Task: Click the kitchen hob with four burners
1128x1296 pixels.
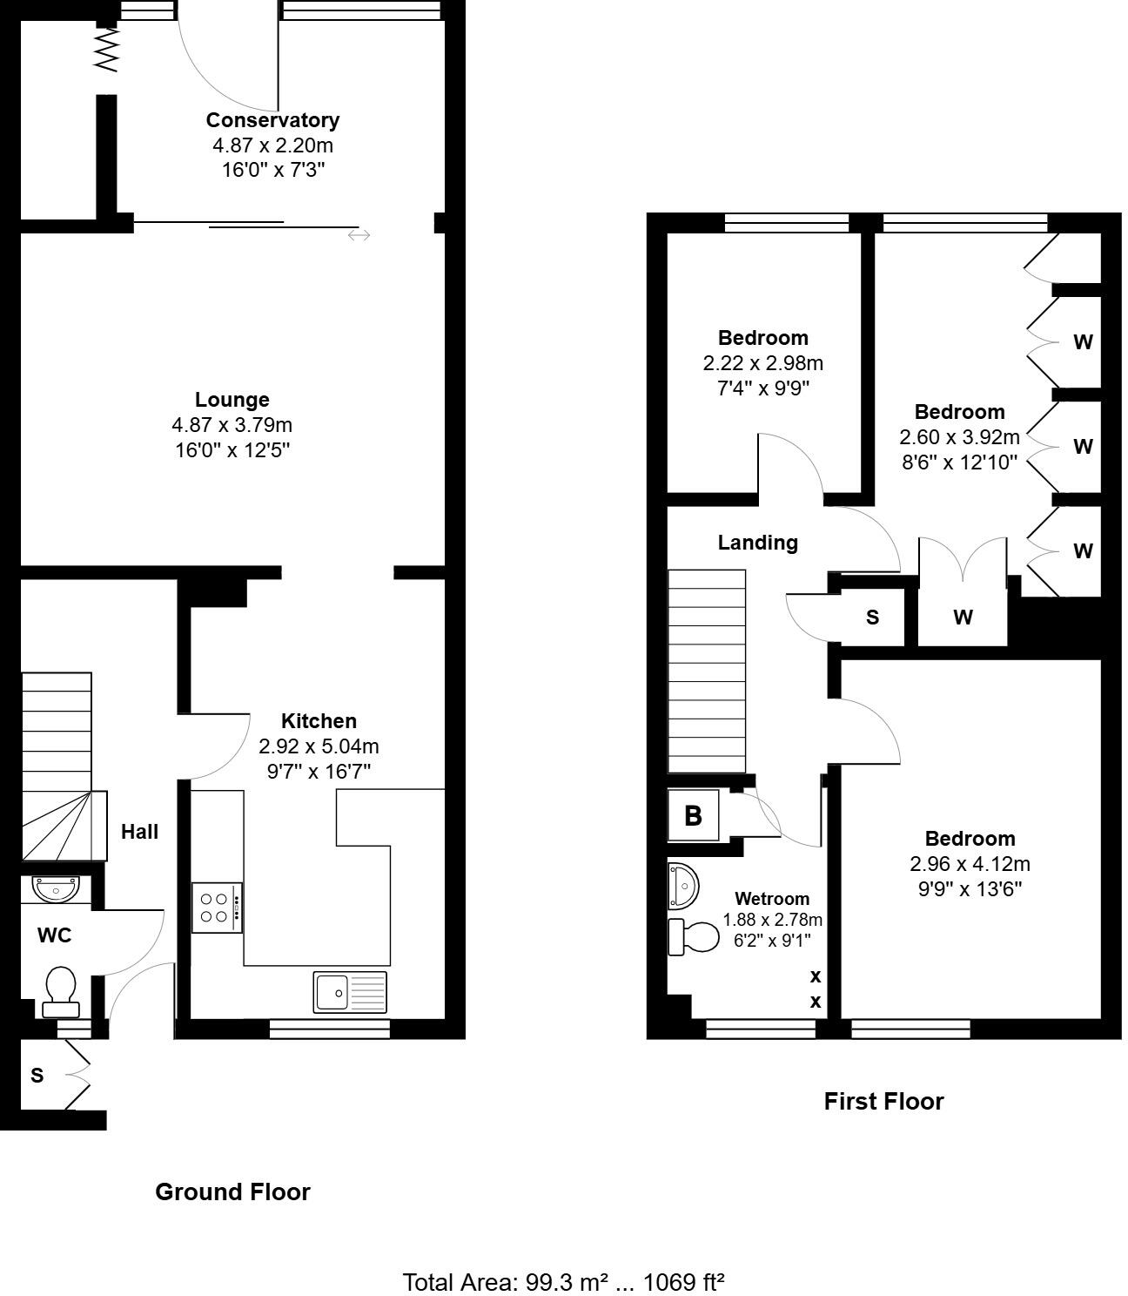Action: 217,908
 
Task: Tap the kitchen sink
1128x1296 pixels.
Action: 350,992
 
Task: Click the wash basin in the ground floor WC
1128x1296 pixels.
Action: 56,888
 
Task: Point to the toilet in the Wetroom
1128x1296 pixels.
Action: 693,937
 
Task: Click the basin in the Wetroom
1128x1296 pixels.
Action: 683,887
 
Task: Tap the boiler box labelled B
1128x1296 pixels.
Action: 693,815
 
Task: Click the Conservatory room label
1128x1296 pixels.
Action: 272,120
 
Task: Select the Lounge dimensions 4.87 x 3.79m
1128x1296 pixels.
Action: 232,425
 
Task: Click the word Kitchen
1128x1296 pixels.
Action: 319,721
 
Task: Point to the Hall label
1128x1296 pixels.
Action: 139,832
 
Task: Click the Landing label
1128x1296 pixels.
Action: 757,543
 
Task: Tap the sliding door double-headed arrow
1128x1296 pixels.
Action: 359,235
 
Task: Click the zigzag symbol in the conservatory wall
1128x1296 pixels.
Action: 106,50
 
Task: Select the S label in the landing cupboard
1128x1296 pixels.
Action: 872,618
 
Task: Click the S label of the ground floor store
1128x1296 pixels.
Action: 37,1076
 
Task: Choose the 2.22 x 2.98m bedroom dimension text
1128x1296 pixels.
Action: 762,363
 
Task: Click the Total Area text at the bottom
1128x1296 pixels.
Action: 563,1282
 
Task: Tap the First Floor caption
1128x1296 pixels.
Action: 883,1102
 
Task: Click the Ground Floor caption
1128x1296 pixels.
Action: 232,1192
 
